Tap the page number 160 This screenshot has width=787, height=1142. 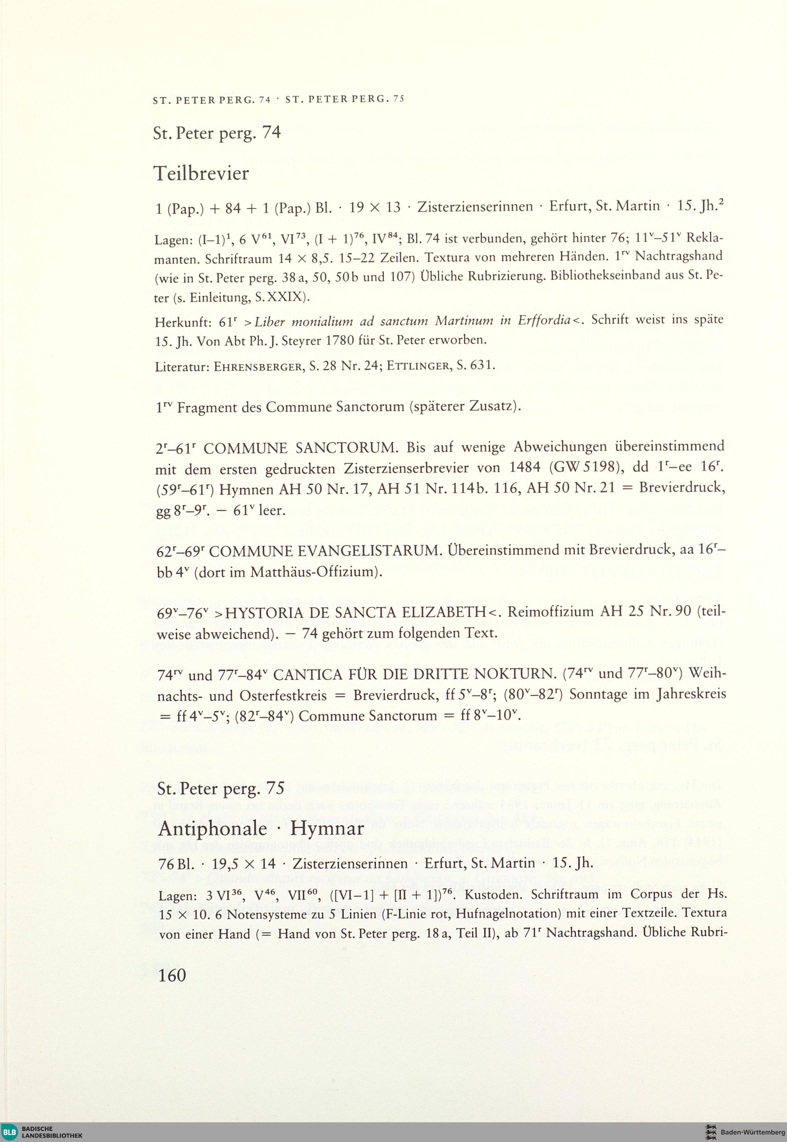(x=172, y=975)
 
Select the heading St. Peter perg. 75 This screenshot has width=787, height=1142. (x=221, y=788)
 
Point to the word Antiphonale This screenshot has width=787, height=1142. (x=212, y=828)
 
